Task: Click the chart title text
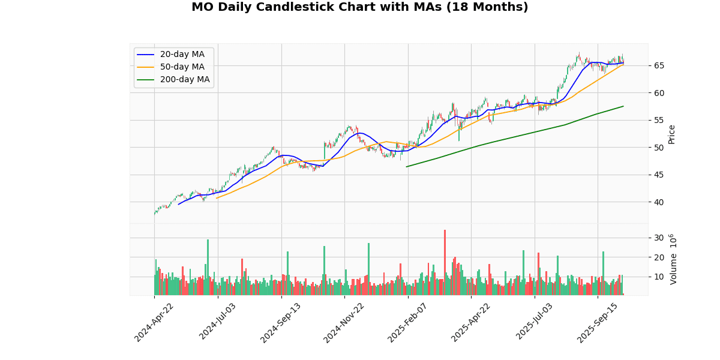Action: [359, 8]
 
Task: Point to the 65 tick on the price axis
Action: [659, 65]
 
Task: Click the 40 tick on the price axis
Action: [659, 202]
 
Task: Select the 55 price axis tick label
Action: [659, 120]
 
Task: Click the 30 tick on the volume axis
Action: [659, 238]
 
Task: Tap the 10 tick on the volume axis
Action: [659, 277]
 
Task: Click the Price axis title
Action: [672, 134]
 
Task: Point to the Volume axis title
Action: [673, 259]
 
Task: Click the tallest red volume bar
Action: [445, 262]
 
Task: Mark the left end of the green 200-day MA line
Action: [407, 167]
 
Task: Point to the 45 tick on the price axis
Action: [659, 175]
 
